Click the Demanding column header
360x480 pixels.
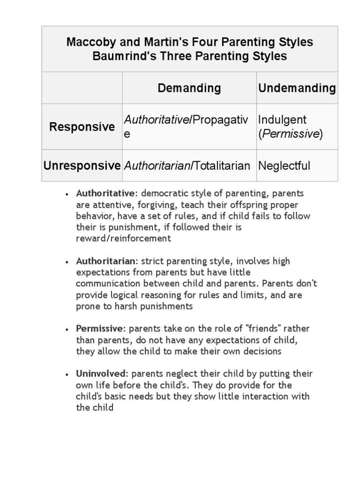point(189,88)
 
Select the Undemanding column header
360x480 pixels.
point(297,88)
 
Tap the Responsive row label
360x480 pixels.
point(82,127)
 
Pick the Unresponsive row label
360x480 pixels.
point(82,165)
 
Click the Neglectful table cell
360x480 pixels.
point(284,165)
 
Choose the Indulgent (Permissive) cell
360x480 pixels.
point(291,127)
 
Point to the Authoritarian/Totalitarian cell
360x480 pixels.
point(187,165)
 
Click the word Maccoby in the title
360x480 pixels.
point(88,42)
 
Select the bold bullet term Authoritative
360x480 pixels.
point(105,193)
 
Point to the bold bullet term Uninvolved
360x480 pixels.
point(101,374)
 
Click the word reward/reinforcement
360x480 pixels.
point(123,238)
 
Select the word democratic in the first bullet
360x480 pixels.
point(163,193)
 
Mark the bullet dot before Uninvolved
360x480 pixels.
point(68,374)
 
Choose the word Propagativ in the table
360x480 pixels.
point(220,120)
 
